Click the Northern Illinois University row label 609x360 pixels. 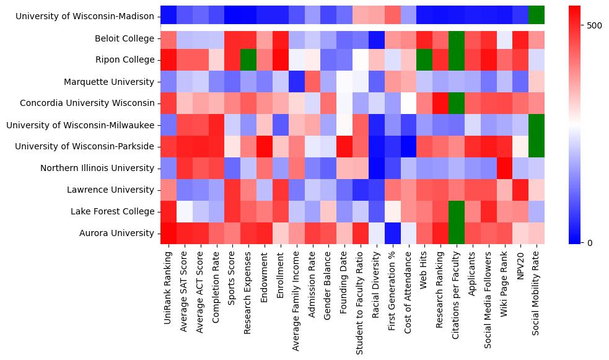[97, 168]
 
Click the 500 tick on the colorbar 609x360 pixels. [594, 25]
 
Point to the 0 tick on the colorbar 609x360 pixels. [589, 242]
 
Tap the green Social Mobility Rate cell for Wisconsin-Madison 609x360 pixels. [537, 14]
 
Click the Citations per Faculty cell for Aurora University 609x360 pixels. [457, 233]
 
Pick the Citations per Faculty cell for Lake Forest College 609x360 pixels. [457, 211]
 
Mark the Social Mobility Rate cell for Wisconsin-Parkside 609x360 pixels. [537, 146]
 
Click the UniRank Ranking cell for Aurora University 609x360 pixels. [168, 233]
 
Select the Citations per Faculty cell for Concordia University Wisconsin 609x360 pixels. [457, 103]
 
